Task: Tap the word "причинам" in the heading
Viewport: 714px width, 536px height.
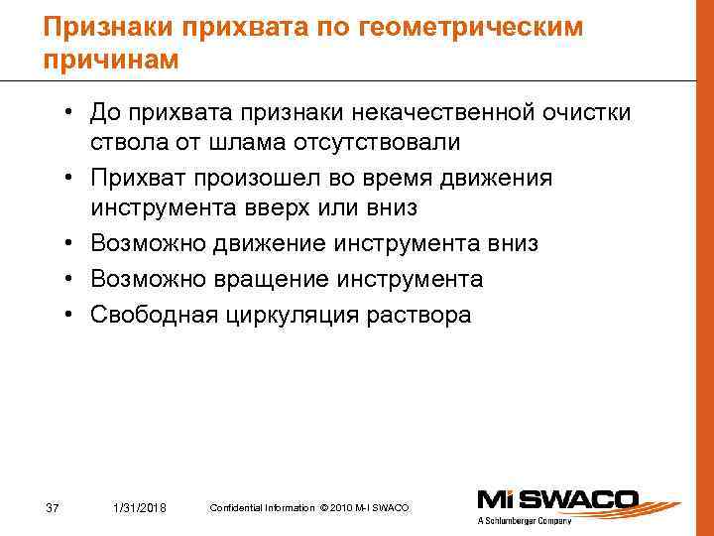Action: (112, 60)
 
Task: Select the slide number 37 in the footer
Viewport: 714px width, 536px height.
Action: (54, 508)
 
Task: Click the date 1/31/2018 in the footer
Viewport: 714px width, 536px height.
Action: (141, 508)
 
